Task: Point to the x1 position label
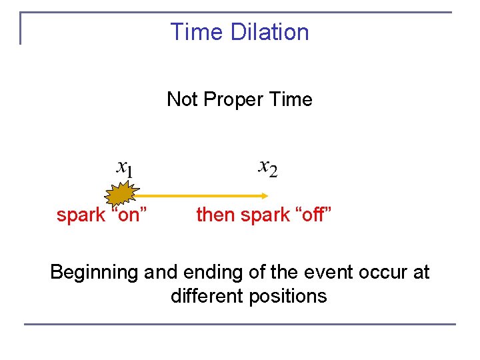[x=124, y=168]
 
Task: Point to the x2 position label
[x=268, y=167]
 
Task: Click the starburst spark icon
[x=120, y=195]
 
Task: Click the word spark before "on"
[x=81, y=215]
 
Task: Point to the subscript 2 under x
[x=273, y=172]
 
